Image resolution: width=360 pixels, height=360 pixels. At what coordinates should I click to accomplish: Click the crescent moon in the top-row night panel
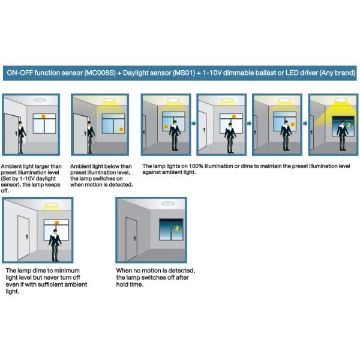347,125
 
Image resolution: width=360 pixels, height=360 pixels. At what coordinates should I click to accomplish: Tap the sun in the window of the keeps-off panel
44,117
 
